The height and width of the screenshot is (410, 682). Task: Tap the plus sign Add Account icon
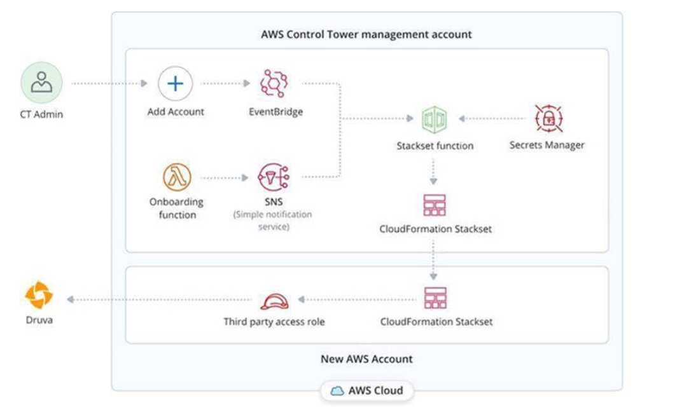[x=175, y=84]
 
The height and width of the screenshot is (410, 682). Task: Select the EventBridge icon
[x=275, y=84]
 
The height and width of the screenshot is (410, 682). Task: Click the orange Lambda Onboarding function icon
[x=177, y=177]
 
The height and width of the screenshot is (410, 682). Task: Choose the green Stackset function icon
[x=435, y=119]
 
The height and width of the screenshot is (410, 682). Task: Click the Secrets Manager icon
[x=547, y=118]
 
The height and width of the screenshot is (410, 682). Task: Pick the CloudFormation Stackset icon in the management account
[x=435, y=205]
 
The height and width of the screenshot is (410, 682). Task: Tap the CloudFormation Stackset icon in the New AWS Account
[x=435, y=298]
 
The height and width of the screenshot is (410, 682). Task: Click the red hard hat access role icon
[x=274, y=301]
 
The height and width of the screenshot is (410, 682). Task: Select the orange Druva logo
[x=39, y=296]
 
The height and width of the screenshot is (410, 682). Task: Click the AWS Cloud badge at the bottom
[x=367, y=390]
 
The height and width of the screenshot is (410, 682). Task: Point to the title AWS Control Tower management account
[x=366, y=34]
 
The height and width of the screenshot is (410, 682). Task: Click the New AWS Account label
[x=366, y=359]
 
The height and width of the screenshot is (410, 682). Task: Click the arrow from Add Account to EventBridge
[x=225, y=83]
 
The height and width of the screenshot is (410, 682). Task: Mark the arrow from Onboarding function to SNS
[x=223, y=178]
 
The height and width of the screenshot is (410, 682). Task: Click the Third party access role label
[x=274, y=322]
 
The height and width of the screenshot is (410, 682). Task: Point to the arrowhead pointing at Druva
[x=71, y=299]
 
